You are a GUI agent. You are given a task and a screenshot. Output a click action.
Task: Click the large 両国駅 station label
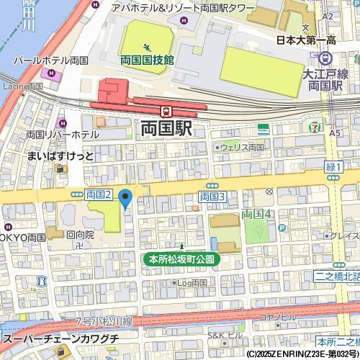pos(166,129)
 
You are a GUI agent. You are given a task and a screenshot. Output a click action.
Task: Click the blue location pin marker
pos(125,198)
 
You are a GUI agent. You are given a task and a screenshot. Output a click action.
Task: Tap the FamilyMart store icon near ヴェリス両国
pos(264,129)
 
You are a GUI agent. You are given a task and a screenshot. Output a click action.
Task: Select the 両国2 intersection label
pos(99,194)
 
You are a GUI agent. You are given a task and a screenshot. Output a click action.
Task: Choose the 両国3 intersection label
pos(213,197)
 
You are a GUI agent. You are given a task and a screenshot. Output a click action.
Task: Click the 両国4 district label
pos(256,214)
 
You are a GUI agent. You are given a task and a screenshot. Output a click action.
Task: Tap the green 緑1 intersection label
pos(333,167)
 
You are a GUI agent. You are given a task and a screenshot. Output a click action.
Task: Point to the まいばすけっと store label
pos(60,156)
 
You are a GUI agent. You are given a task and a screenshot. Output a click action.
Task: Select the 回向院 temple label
pos(80,234)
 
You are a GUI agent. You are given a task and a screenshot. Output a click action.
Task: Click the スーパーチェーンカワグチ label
pos(60,338)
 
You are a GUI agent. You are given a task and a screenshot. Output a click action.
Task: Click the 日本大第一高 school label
pos(310,40)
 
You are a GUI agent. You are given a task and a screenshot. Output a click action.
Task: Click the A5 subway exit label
pos(335,132)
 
